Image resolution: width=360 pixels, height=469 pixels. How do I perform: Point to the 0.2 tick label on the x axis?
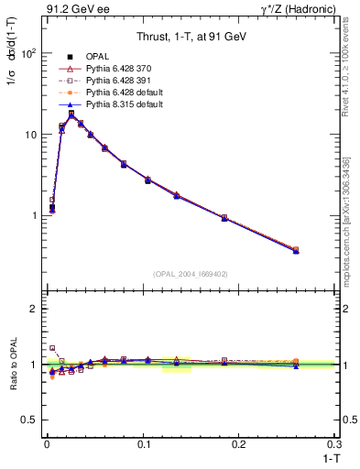click(239, 444)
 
